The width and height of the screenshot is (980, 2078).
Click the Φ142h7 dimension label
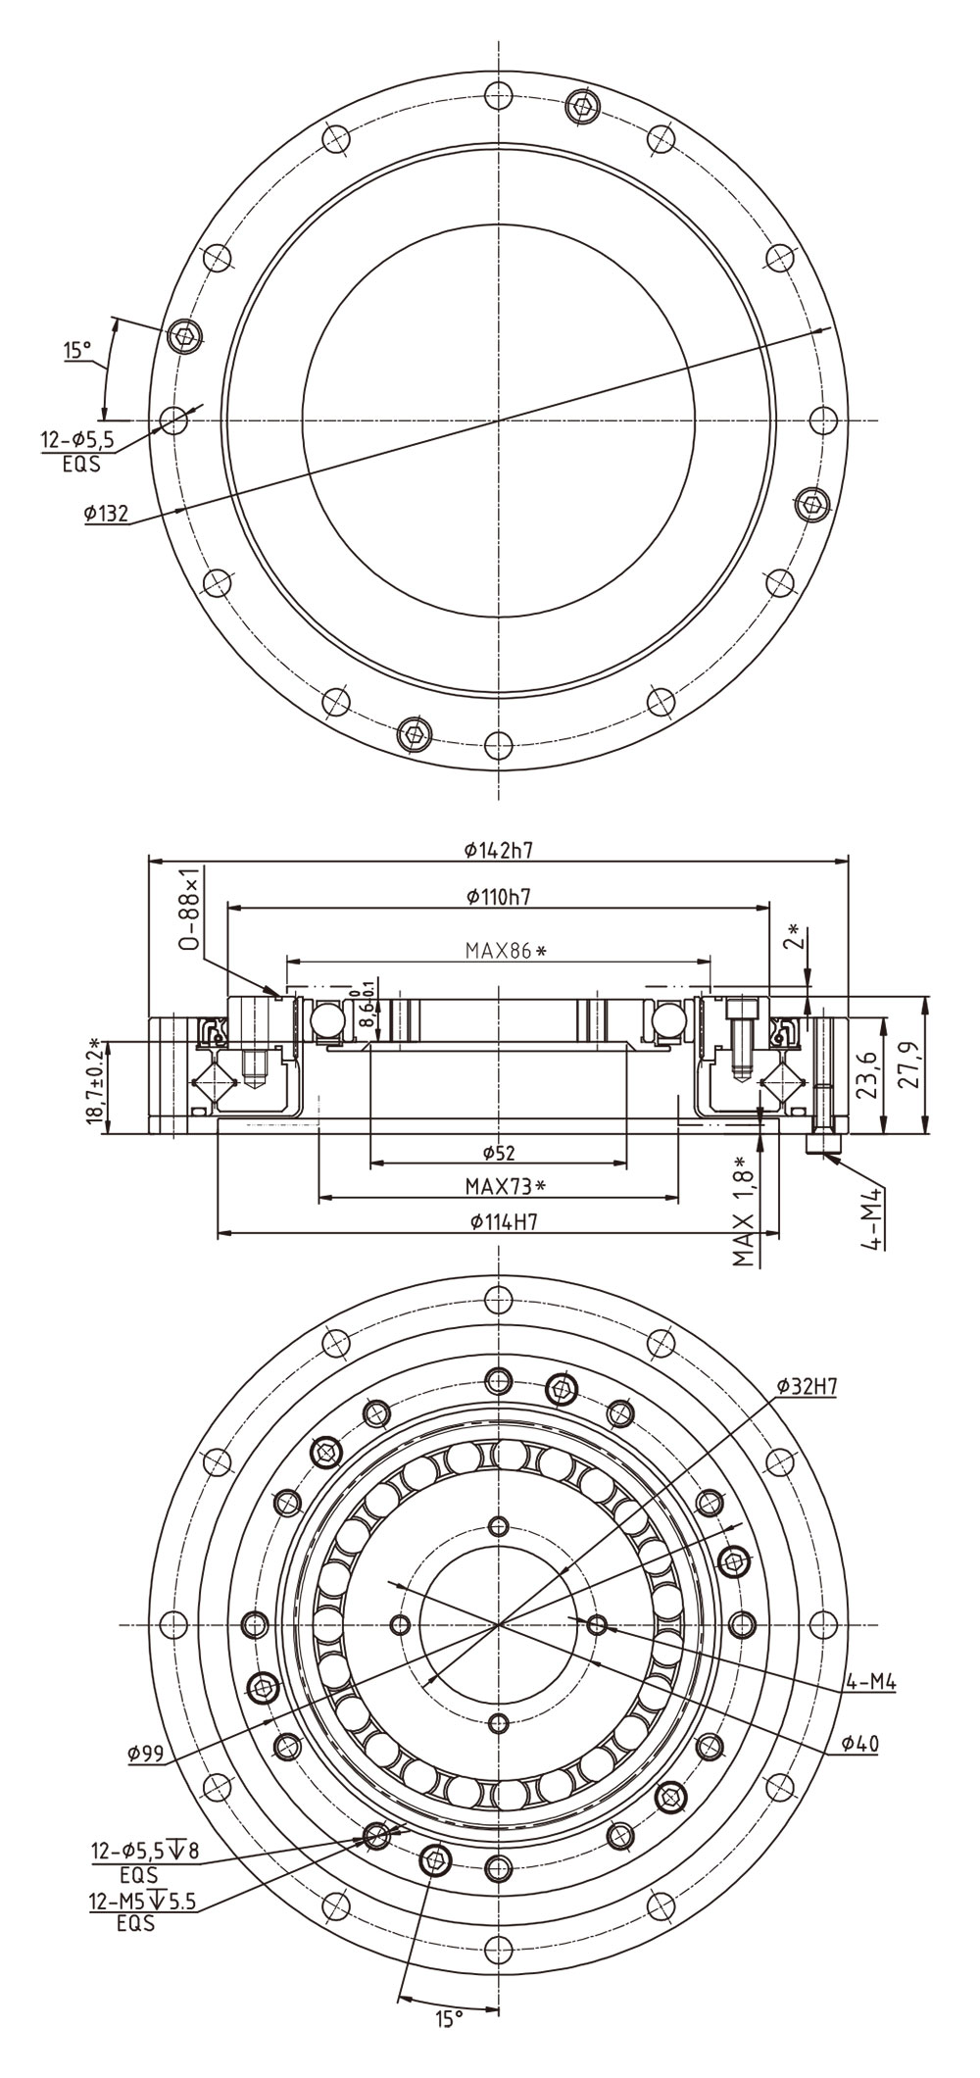coord(499,850)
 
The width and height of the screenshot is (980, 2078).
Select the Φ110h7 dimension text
coord(499,896)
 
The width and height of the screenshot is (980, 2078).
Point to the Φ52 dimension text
coord(499,1152)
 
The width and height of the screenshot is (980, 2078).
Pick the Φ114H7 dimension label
coord(499,1221)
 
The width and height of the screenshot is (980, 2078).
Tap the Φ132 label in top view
coord(106,515)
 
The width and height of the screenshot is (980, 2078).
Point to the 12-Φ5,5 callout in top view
coord(77,441)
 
